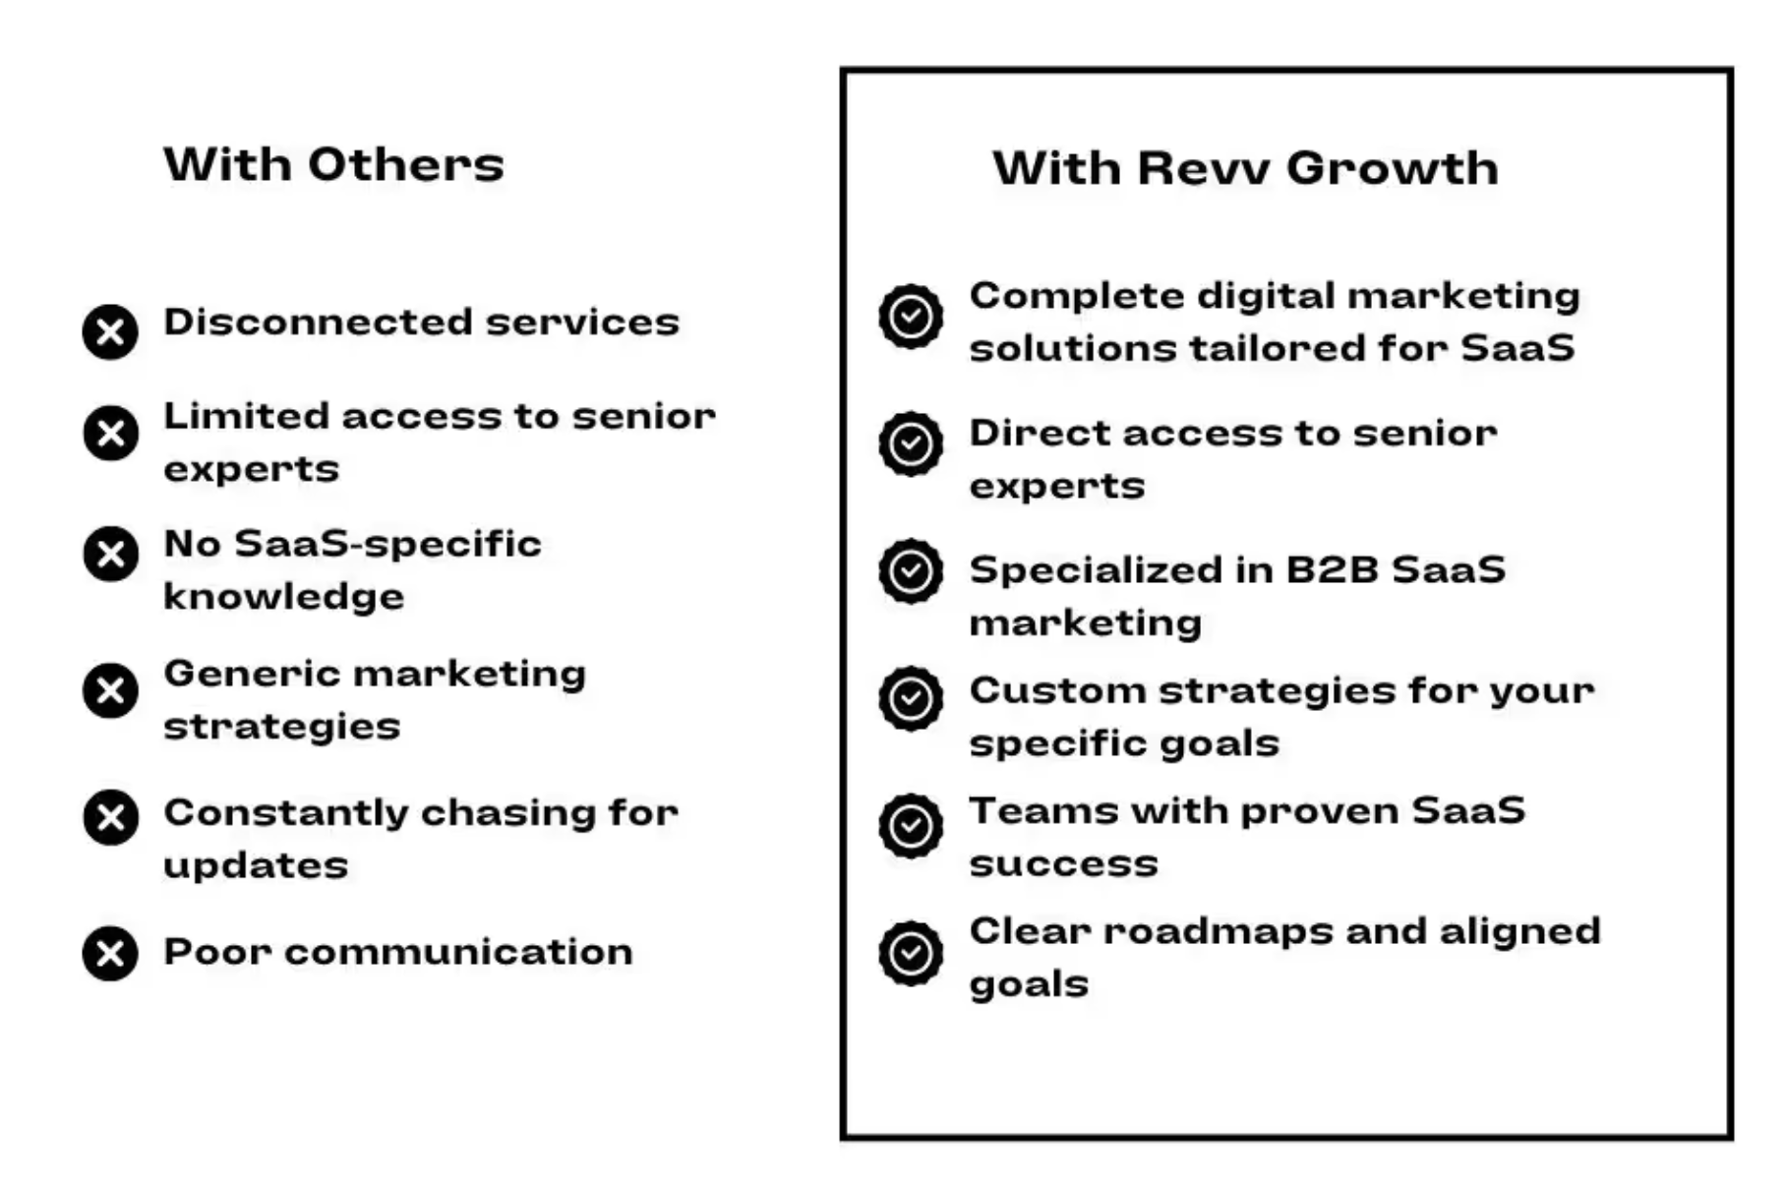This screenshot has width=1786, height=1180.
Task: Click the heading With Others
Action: [x=333, y=164]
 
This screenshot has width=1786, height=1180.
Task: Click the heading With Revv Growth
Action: [x=1245, y=168]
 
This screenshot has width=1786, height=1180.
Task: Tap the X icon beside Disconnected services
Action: [x=110, y=331]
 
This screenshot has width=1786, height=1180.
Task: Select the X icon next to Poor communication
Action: [x=110, y=953]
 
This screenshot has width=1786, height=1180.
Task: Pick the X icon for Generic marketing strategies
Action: [x=110, y=690]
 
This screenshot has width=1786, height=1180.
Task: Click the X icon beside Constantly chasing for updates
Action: [x=110, y=817]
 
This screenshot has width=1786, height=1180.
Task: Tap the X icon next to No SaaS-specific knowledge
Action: [x=110, y=554]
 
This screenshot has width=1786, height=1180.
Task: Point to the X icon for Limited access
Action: [x=110, y=433]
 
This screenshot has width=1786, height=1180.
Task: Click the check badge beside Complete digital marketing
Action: [x=911, y=317]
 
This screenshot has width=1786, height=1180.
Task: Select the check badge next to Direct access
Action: [x=911, y=443]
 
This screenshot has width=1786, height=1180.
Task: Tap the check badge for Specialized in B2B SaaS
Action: [x=911, y=570]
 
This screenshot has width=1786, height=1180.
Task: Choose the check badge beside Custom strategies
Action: [x=911, y=698]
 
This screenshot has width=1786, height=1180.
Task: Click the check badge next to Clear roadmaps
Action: [x=911, y=953]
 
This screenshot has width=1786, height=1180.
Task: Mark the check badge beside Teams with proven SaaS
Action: [x=911, y=825]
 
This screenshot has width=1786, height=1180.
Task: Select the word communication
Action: [x=458, y=952]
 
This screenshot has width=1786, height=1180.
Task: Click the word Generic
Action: [x=252, y=674]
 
